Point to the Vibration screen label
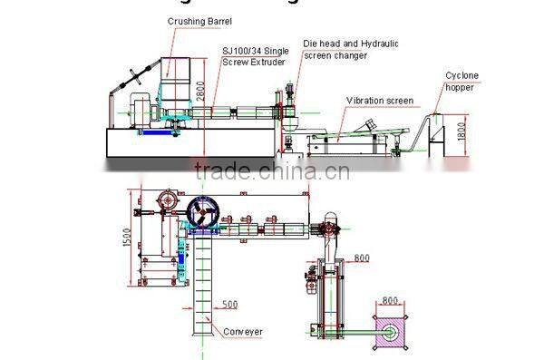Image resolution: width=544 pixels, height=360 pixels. coord(380,100)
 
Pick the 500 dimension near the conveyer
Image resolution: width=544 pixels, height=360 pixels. coord(230,303)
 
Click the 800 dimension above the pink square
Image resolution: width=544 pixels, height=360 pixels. coord(390,299)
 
